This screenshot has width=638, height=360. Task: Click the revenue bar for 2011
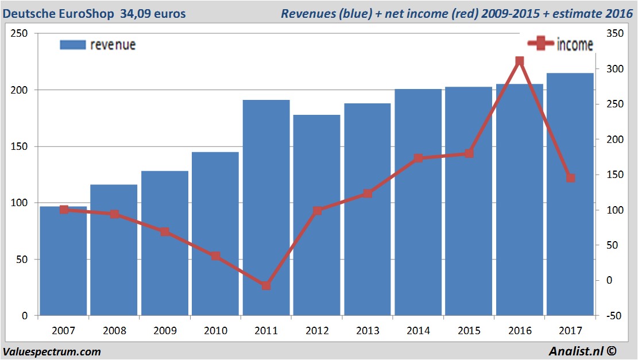266,207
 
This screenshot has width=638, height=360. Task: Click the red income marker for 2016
520,61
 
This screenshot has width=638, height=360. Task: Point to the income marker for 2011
266,285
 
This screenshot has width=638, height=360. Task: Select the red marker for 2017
570,178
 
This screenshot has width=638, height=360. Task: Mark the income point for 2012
317,211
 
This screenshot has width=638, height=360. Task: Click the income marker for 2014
418,158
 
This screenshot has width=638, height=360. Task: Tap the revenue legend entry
98,45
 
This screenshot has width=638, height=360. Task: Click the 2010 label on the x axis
215,331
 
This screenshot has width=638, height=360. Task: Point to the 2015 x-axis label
469,331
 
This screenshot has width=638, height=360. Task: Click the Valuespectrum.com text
52,351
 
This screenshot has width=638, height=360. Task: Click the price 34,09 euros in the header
153,13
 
